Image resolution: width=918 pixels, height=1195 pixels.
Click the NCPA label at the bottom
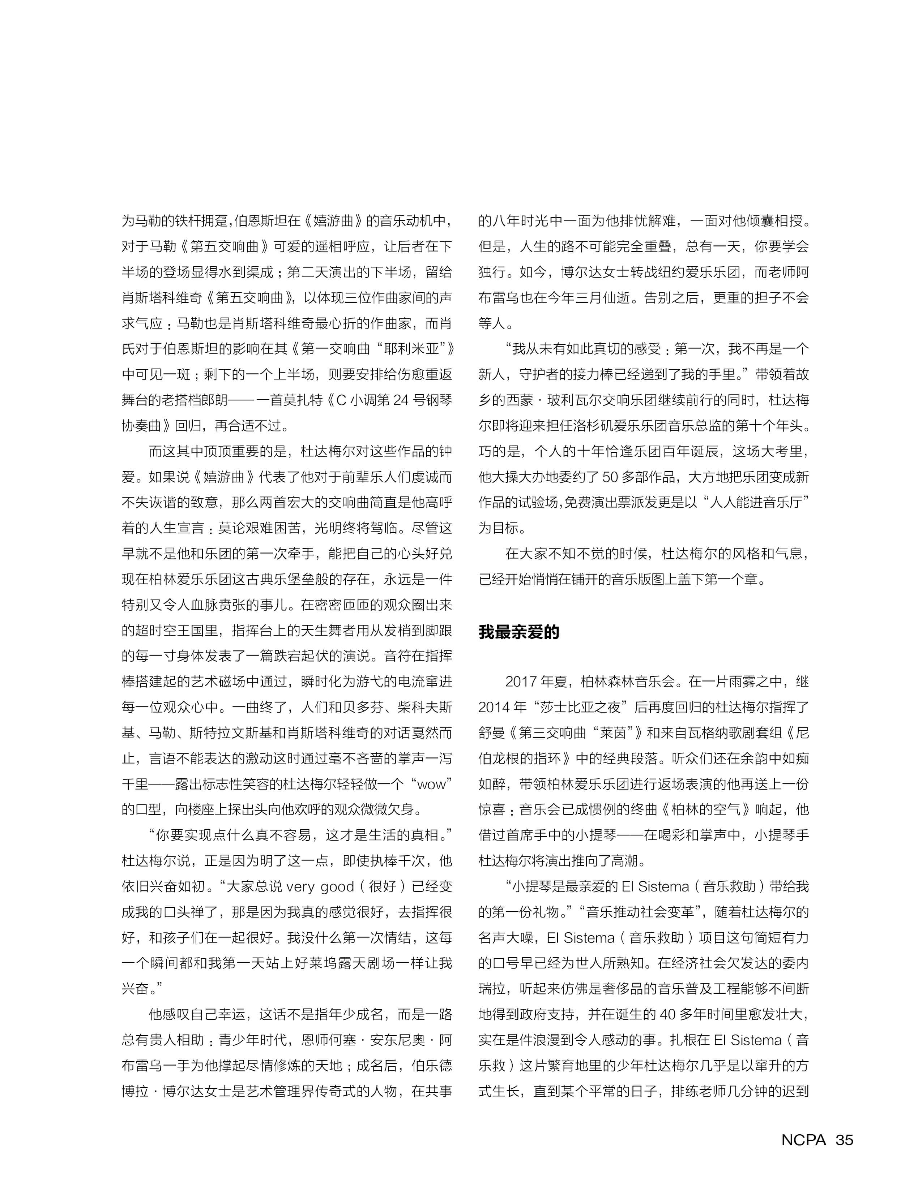click(803, 1140)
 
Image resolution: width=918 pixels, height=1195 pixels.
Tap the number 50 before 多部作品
click(610, 477)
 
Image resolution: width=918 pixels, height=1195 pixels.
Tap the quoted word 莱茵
click(612, 733)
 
